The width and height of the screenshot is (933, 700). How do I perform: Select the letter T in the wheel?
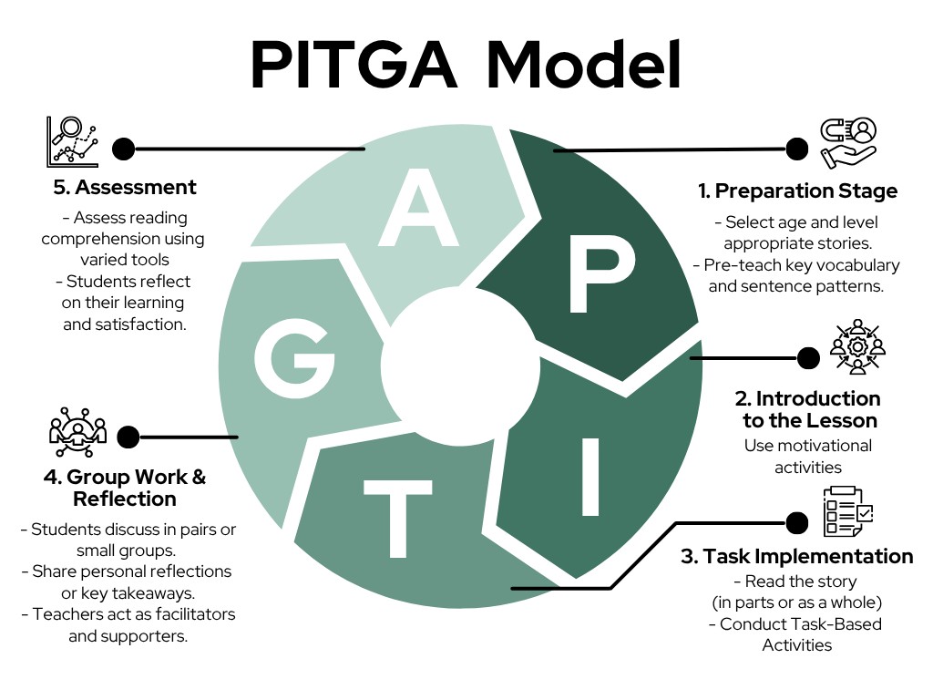click(x=397, y=520)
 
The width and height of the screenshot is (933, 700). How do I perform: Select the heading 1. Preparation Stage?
click(x=797, y=190)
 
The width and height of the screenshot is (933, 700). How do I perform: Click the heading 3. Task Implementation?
click(x=796, y=556)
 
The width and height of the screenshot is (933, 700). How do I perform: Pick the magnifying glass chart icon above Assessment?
click(x=72, y=142)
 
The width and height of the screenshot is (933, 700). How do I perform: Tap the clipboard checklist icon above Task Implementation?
click(x=847, y=512)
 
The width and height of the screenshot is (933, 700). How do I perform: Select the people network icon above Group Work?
click(x=77, y=432)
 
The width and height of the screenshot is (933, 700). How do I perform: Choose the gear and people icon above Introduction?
click(x=857, y=346)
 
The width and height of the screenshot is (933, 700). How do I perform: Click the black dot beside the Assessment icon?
click(x=123, y=149)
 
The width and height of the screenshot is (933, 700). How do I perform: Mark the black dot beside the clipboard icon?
click(x=796, y=522)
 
